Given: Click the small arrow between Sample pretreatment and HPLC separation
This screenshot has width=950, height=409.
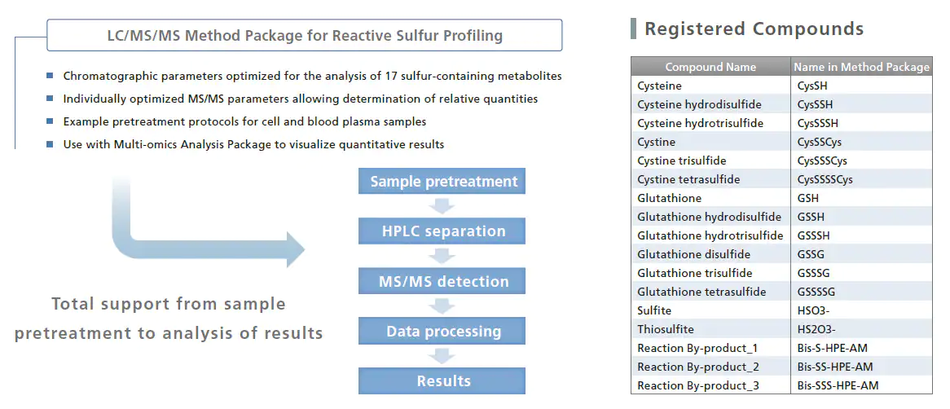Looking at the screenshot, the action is pyautogui.click(x=442, y=206).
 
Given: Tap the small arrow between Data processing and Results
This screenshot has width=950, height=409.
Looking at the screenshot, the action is pyautogui.click(x=442, y=356).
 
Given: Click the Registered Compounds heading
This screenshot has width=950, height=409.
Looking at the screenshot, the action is pyautogui.click(x=754, y=29).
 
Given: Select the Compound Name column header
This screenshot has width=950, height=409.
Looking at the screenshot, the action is pyautogui.click(x=710, y=67).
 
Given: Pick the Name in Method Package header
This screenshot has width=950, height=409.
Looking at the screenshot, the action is pyautogui.click(x=861, y=67).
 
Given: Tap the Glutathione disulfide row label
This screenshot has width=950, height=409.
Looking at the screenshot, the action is pyautogui.click(x=693, y=254).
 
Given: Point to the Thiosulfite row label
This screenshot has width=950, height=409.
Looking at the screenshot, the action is pyautogui.click(x=665, y=330).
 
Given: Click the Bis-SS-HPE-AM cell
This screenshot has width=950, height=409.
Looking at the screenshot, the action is pyautogui.click(x=835, y=367).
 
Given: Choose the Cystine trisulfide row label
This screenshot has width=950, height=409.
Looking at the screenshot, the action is pyautogui.click(x=682, y=161).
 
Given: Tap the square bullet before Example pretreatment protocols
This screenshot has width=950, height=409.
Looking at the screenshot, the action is pyautogui.click(x=50, y=121).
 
